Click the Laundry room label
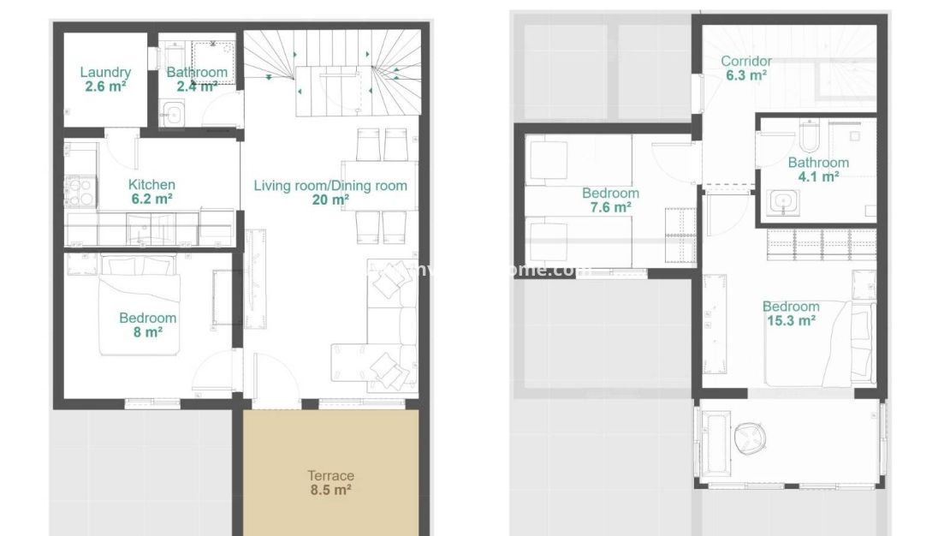pyautogui.click(x=105, y=73)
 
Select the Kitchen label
pyautogui.click(x=151, y=184)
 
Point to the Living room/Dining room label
pyautogui.click(x=330, y=186)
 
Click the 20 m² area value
pyautogui.click(x=331, y=200)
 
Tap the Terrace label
pyautogui.click(x=330, y=476)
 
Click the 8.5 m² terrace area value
pyautogui.click(x=330, y=491)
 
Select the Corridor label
pyautogui.click(x=745, y=61)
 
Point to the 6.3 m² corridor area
pyautogui.click(x=745, y=75)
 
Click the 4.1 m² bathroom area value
pyautogui.click(x=818, y=177)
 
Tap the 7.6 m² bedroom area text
pyautogui.click(x=610, y=207)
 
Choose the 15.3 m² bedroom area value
pyautogui.click(x=791, y=321)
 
